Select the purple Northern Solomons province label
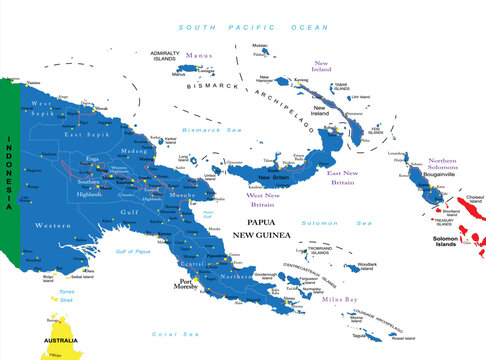[x=428, y=166]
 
